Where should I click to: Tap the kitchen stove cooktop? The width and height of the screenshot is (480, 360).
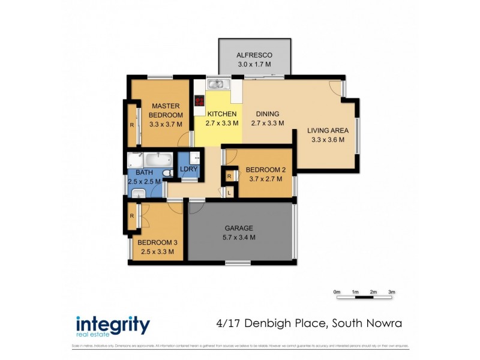[x=199, y=101]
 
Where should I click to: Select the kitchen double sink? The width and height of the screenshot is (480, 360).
[x=216, y=84]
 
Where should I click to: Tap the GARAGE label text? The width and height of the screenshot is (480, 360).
[x=239, y=228]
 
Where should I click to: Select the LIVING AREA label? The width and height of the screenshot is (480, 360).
[x=327, y=130]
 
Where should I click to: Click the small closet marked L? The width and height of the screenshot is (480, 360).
[x=229, y=192]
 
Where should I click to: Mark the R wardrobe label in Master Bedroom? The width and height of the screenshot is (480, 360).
[x=131, y=125]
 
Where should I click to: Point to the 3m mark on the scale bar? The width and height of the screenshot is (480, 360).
[x=392, y=292]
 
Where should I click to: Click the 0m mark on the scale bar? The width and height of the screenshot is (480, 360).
[x=337, y=292]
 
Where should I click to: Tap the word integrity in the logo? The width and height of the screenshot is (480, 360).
[x=112, y=324]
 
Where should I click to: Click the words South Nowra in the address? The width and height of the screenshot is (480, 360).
[x=367, y=324]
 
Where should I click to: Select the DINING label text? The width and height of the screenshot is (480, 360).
[x=267, y=114]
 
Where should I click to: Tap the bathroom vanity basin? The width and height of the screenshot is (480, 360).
[x=139, y=193]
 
